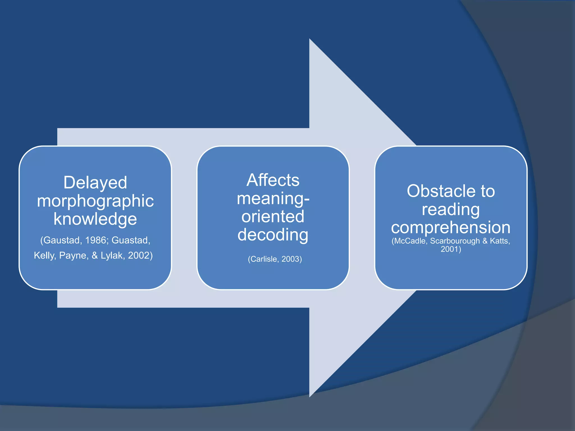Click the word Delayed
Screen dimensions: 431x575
[95, 183]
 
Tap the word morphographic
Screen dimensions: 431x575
[95, 201]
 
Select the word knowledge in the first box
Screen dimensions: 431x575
[95, 219]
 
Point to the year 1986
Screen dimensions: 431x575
[96, 240]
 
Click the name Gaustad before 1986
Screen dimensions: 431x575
[61, 240]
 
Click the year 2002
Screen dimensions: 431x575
[140, 255]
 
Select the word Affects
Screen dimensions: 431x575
[273, 180]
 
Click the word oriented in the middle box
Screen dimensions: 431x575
[273, 216]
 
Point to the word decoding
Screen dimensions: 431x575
[273, 235]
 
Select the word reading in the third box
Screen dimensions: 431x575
[451, 209]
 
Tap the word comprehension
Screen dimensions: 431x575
[451, 227]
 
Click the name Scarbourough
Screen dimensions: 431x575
[455, 241]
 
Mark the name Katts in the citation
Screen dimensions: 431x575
[499, 241]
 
